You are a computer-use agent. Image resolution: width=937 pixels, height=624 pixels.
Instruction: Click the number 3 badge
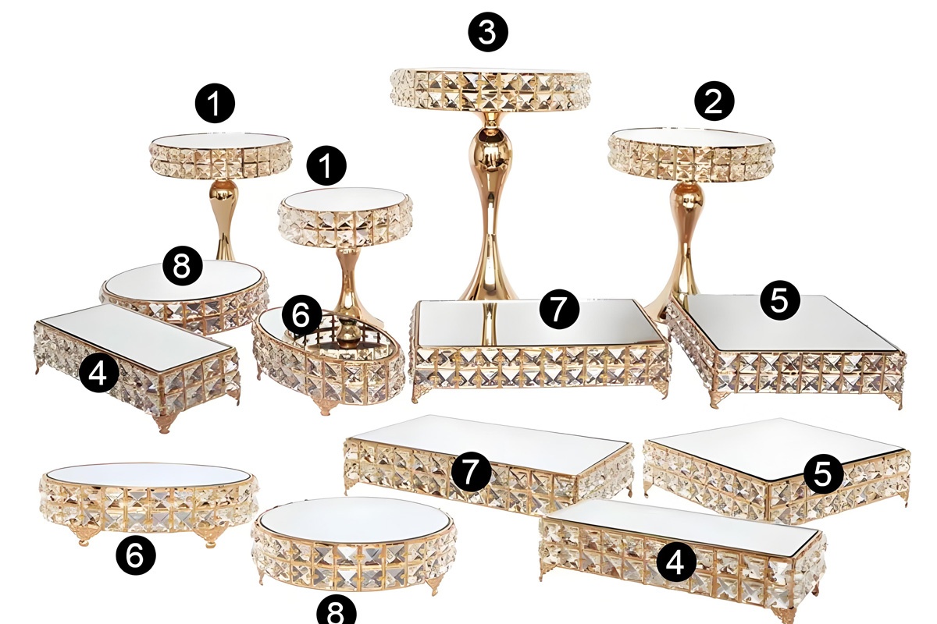pos(488,32)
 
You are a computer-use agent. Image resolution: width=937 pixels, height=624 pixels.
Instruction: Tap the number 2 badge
pos(714,101)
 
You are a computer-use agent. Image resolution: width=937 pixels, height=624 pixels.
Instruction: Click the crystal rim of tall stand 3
pos(490,90)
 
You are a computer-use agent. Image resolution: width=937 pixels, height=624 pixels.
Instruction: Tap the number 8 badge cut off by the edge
pos(337,613)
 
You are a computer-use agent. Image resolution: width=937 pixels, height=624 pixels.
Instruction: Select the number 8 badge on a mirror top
pos(183,265)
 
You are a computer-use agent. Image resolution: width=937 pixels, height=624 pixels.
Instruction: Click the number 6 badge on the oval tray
pos(302,316)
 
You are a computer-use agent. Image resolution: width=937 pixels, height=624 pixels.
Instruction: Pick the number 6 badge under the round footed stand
pos(136,555)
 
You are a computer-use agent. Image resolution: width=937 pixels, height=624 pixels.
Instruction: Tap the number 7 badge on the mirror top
pos(559,309)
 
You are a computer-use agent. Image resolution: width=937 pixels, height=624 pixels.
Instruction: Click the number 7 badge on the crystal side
pos(471,470)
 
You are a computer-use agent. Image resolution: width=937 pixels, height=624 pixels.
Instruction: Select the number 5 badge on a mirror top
pos(780,300)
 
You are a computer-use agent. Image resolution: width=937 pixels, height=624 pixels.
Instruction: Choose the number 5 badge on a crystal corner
pos(823,473)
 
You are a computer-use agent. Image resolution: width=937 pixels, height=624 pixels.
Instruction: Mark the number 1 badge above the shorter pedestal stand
pos(326,165)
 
